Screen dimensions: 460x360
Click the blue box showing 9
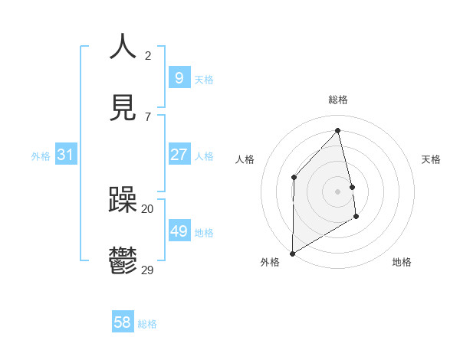[x=179, y=77]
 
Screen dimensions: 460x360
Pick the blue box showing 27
[x=179, y=155]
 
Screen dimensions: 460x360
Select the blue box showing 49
[x=179, y=231]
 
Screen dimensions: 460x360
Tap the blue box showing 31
[x=65, y=155]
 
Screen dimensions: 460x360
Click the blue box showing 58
[x=122, y=322]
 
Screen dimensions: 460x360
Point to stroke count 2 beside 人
[x=148, y=55]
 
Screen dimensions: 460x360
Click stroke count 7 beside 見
[x=148, y=116]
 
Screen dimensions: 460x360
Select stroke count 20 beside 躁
[x=148, y=208]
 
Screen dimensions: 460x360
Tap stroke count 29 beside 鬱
[x=148, y=270]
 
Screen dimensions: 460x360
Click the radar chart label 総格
[x=338, y=100]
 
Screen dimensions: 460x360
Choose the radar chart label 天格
[x=431, y=159]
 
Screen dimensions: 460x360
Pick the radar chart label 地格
[x=402, y=263]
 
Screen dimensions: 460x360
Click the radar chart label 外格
[x=270, y=263]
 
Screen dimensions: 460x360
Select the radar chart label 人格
[x=245, y=159]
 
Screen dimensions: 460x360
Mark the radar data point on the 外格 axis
[x=292, y=253]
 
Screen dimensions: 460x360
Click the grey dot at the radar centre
[x=338, y=191]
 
